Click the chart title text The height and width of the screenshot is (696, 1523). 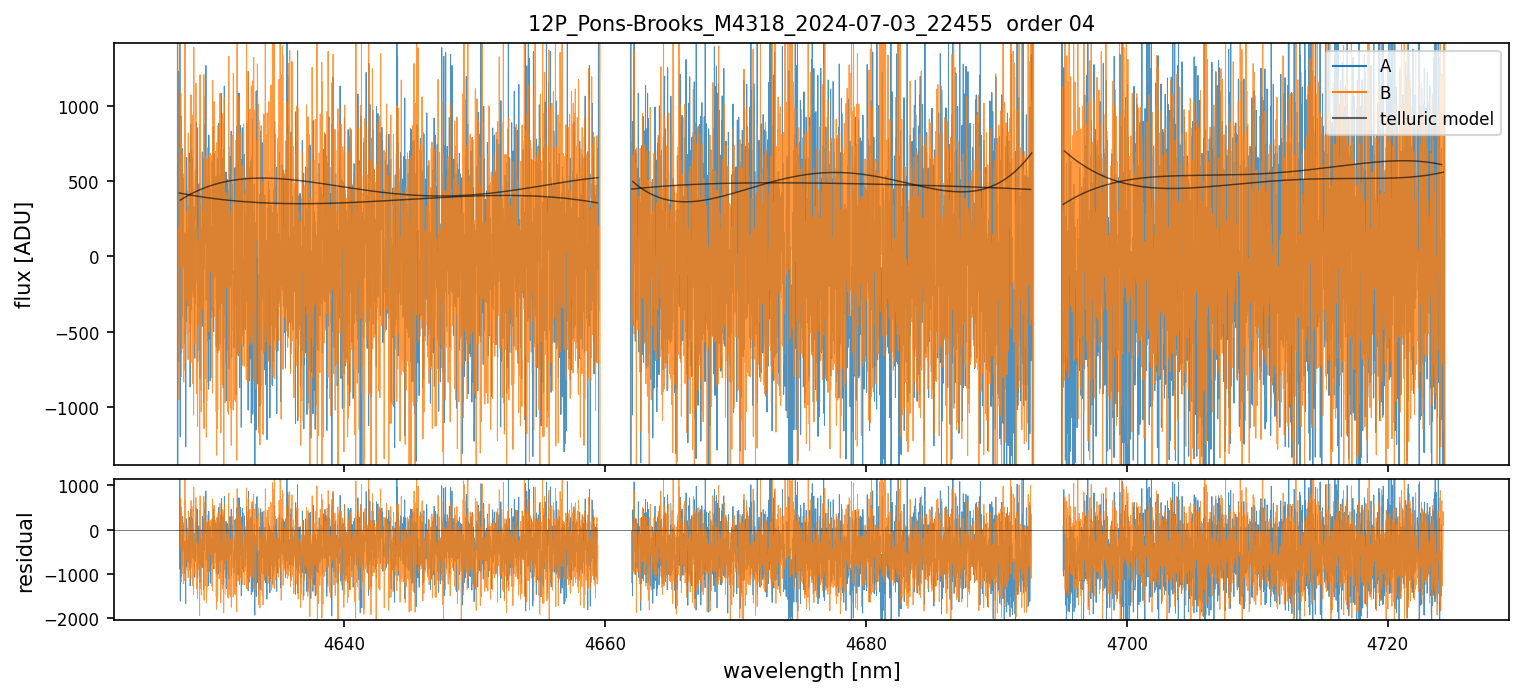(x=811, y=24)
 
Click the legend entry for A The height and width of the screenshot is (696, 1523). (x=1385, y=66)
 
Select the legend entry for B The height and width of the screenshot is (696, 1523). (x=1385, y=93)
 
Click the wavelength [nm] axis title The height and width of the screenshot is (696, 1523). (x=811, y=670)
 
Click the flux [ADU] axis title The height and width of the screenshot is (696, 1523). (x=24, y=254)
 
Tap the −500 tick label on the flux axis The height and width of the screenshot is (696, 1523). (x=84, y=333)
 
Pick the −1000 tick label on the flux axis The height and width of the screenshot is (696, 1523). (x=80, y=408)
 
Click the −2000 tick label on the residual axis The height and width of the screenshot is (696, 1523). (x=80, y=619)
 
